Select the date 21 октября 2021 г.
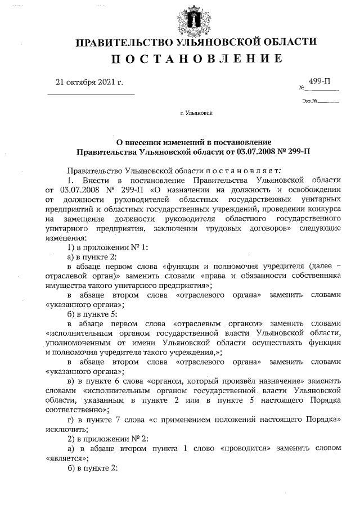point(89,82)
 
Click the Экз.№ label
point(310,102)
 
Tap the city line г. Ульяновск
point(196,113)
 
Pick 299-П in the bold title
point(302,151)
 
